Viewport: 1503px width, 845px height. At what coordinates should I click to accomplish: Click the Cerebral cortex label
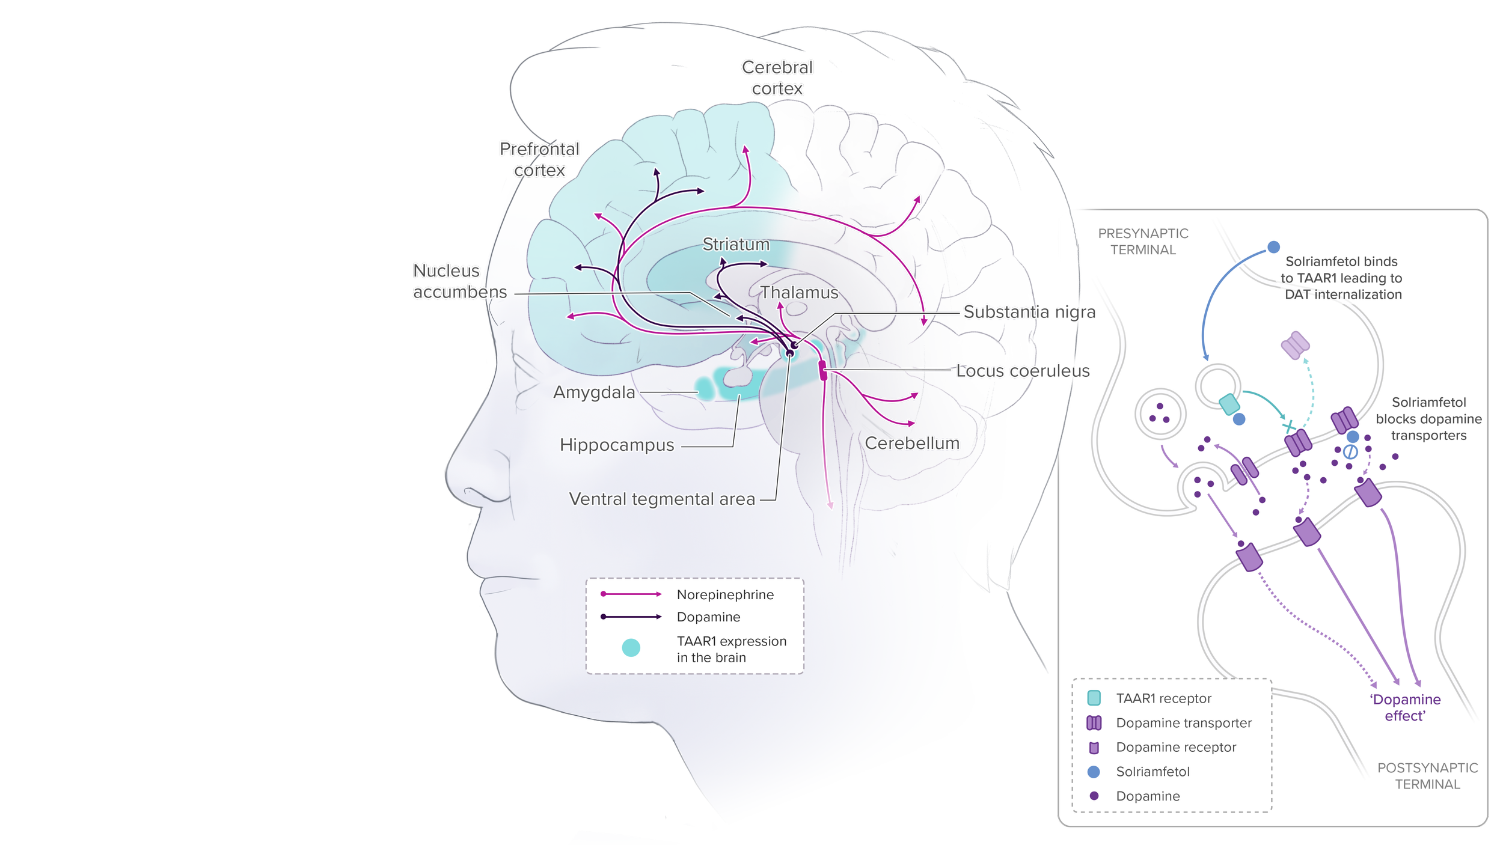777,78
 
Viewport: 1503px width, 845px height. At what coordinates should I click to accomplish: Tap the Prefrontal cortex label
539,160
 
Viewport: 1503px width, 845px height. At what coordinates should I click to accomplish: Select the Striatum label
736,245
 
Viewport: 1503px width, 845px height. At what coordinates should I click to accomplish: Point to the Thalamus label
799,293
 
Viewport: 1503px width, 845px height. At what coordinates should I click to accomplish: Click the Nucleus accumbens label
459,281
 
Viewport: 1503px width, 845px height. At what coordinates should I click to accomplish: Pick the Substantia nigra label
1029,312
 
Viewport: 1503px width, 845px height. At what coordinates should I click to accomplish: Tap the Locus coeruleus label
1023,371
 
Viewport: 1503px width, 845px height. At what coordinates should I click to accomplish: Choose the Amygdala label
594,392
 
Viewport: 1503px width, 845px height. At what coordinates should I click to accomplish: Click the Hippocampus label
617,445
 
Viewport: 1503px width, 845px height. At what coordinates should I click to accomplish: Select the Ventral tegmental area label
662,499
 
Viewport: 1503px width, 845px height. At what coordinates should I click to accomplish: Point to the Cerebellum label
912,443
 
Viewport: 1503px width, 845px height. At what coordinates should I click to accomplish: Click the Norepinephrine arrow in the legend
631,594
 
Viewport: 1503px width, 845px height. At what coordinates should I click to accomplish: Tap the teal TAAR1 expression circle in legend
631,647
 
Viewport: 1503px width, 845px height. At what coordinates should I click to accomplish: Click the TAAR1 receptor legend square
1094,698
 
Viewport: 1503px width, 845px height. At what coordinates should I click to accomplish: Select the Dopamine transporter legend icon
1094,722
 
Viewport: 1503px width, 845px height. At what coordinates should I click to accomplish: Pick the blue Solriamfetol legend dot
1094,772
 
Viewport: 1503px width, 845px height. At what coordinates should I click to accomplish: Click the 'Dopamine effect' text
1404,707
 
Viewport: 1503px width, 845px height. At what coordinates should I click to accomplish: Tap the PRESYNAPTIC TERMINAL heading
1143,242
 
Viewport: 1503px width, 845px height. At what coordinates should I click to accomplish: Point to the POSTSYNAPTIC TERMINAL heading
1427,776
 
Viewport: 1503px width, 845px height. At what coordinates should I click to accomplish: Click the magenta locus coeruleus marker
823,370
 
